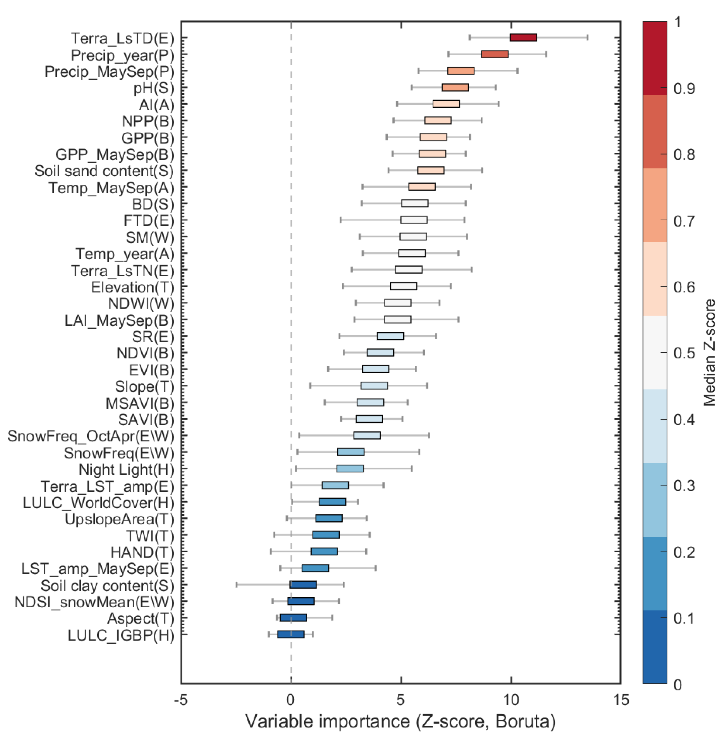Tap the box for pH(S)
(x=455, y=87)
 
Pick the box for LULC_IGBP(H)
(x=291, y=634)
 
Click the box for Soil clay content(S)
(x=303, y=584)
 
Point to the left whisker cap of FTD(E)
(x=340, y=220)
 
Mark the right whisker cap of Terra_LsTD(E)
(x=587, y=37)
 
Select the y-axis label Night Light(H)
(x=126, y=469)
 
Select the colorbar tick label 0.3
(x=684, y=486)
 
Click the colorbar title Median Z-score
(x=709, y=353)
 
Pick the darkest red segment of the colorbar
(x=654, y=57)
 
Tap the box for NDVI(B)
(x=380, y=353)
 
